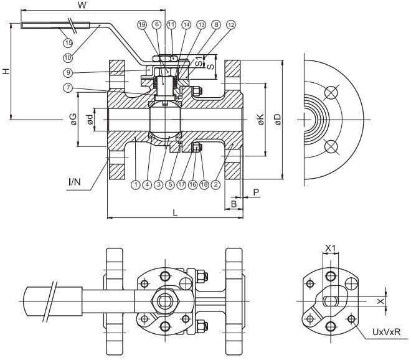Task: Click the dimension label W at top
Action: [82, 6]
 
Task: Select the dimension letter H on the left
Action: [6, 71]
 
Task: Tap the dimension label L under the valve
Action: [175, 213]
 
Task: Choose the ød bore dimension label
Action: [91, 120]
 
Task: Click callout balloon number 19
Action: [141, 24]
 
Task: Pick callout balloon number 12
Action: [232, 24]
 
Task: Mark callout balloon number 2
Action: [215, 184]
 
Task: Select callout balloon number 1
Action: [135, 184]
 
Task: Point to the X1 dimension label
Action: [331, 248]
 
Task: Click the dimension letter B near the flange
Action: [234, 203]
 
